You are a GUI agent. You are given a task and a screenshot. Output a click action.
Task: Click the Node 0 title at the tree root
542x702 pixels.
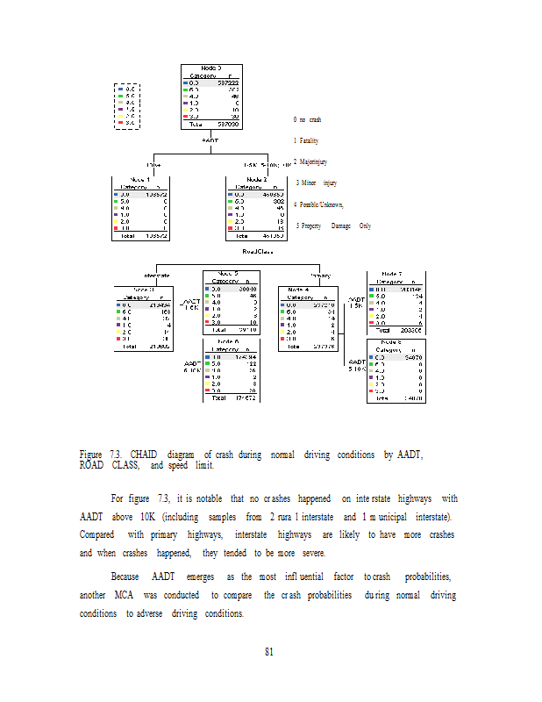point(210,68)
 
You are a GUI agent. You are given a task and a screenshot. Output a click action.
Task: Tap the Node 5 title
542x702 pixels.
point(231,272)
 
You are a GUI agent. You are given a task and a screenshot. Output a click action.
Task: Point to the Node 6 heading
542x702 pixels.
point(229,341)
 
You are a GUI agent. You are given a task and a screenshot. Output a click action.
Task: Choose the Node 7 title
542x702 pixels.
point(396,273)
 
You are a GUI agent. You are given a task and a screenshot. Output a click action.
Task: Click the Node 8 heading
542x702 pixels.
point(396,342)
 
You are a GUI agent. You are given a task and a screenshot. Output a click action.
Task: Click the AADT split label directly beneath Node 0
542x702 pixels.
point(210,140)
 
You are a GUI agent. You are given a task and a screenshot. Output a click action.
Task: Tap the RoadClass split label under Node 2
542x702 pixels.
point(258,251)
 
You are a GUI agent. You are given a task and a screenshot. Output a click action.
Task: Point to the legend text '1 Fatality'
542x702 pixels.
point(306,140)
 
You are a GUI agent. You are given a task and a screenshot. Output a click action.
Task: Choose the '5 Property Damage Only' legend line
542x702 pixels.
point(332,226)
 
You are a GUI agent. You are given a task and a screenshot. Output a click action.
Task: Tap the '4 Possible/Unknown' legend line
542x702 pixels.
point(319,204)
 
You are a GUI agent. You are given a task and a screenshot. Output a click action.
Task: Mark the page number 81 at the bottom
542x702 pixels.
point(270,651)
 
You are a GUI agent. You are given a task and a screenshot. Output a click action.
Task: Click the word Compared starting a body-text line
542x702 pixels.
point(97,534)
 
